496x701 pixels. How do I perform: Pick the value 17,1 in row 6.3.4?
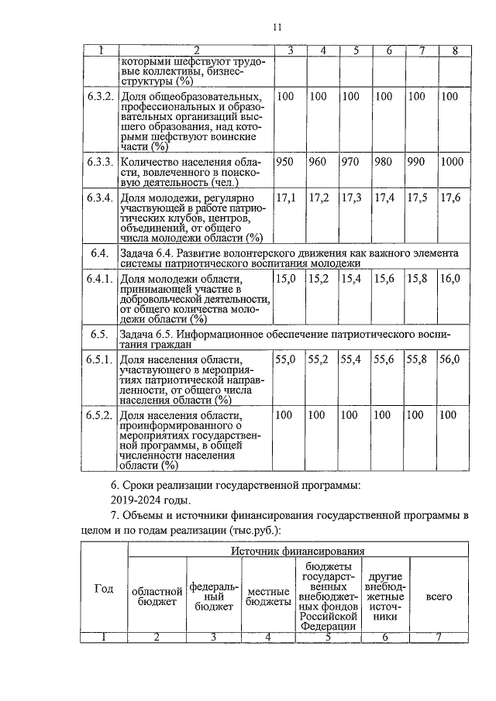coord(286,198)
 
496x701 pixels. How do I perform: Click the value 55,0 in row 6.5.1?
coord(286,359)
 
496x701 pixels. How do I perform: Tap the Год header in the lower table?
coord(104,588)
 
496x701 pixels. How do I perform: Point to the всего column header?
coord(439,597)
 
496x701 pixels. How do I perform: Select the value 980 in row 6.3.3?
coord(384,162)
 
